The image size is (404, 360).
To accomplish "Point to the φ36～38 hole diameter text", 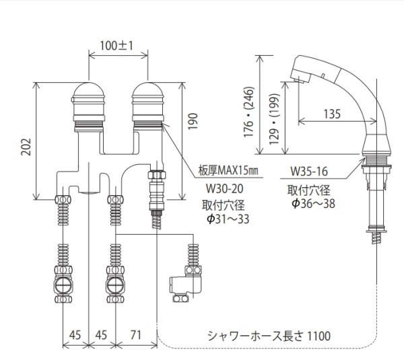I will click(312, 202).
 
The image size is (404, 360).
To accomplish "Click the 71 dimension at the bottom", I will click(136, 334).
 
